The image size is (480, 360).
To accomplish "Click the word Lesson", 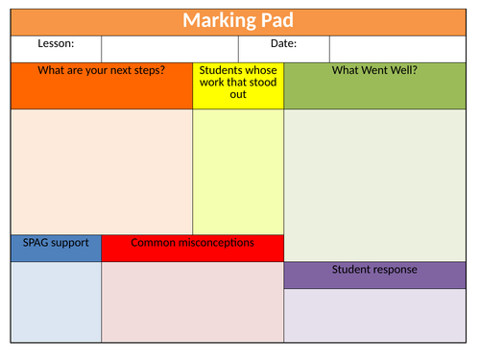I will [x=55, y=44].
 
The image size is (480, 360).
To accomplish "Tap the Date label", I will [x=282, y=44].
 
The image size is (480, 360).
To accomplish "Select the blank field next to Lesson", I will [x=169, y=48].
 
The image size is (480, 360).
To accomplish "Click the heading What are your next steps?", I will [x=101, y=71].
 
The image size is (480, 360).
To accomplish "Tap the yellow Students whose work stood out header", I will [x=238, y=83].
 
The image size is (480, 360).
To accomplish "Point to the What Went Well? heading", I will [x=374, y=71].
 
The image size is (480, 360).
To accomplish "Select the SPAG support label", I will [x=56, y=244].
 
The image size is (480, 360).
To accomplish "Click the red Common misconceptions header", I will [x=192, y=244].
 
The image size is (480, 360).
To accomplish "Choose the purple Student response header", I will [x=374, y=271].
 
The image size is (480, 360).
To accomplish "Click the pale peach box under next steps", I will [x=101, y=171].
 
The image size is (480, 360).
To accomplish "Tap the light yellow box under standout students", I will [x=238, y=171].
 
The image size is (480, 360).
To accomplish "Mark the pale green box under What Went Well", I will [x=374, y=182].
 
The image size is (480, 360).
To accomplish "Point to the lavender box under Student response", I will [x=374, y=314].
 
